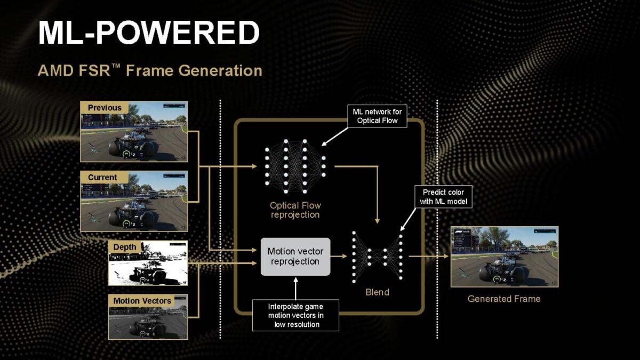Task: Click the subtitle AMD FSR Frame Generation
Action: click(x=150, y=70)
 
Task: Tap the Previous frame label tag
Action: click(x=105, y=108)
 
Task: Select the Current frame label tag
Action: click(x=102, y=177)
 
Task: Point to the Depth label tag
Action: click(x=124, y=247)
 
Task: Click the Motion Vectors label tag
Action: click(x=142, y=301)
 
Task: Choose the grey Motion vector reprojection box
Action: click(x=295, y=257)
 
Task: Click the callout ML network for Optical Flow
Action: click(x=377, y=116)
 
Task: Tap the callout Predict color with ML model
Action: click(x=443, y=196)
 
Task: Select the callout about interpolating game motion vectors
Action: click(x=295, y=315)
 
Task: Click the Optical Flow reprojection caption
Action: click(x=295, y=210)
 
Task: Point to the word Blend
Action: click(x=377, y=292)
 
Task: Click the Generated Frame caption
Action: click(x=503, y=299)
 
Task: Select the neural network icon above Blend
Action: click(x=377, y=256)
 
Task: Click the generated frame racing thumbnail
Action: click(x=504, y=257)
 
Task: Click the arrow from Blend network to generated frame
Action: click(x=429, y=257)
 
